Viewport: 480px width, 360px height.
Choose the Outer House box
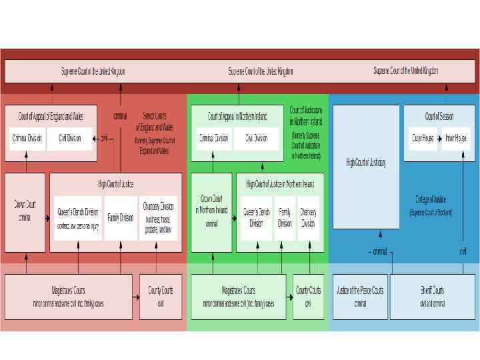[423, 138]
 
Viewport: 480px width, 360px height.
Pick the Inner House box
[457, 138]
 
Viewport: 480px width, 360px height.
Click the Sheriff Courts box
[432, 296]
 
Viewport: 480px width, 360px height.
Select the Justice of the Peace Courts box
[360, 296]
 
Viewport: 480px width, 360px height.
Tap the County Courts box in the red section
[160, 296]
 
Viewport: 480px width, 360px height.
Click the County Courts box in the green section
[308, 296]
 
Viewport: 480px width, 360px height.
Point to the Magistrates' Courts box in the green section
[238, 296]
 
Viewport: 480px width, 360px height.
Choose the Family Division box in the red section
[121, 217]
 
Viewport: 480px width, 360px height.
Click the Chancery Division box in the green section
[308, 218]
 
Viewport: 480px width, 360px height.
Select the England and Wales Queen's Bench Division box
[78, 217]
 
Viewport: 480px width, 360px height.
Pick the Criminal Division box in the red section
[27, 138]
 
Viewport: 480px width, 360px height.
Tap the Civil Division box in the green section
[256, 138]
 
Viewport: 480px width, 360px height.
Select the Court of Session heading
[439, 116]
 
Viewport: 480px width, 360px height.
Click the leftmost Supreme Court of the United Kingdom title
[93, 71]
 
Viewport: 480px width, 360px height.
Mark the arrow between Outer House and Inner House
[440, 138]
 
